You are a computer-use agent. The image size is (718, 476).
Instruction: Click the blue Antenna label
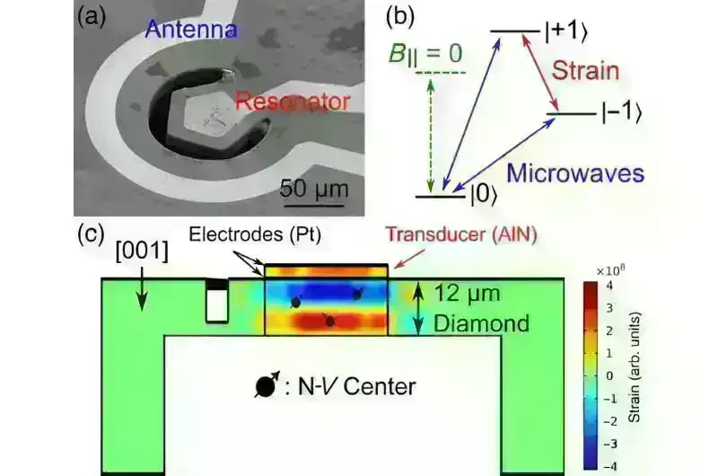coord(191,30)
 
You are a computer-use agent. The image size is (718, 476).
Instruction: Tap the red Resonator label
coord(293,101)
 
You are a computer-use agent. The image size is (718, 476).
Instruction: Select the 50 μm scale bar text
coord(314,189)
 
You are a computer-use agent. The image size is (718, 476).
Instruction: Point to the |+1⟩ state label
coord(566,32)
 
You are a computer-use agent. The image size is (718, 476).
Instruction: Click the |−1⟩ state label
coord(621,112)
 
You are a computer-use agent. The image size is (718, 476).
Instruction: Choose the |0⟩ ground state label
coord(484,195)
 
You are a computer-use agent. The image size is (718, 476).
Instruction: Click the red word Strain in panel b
coord(585,71)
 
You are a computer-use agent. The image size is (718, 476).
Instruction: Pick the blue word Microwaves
coord(575,173)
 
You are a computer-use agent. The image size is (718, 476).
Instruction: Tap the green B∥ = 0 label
coord(425,54)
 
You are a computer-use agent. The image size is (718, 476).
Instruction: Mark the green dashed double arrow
coord(430,136)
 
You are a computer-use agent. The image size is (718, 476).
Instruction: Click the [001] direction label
coord(142,251)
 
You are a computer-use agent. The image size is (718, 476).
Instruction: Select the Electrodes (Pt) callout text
coord(255,234)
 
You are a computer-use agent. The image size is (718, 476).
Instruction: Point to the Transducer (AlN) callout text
coord(461,234)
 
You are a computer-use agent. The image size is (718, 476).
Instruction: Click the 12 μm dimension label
coord(467,293)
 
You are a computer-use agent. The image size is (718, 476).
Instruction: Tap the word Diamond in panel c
coord(481,323)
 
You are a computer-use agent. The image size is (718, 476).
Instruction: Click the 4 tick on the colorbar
coord(609,286)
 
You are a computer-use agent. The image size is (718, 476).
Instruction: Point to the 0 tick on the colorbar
coord(609,375)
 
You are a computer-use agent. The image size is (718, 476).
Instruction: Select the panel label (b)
coord(400,17)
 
